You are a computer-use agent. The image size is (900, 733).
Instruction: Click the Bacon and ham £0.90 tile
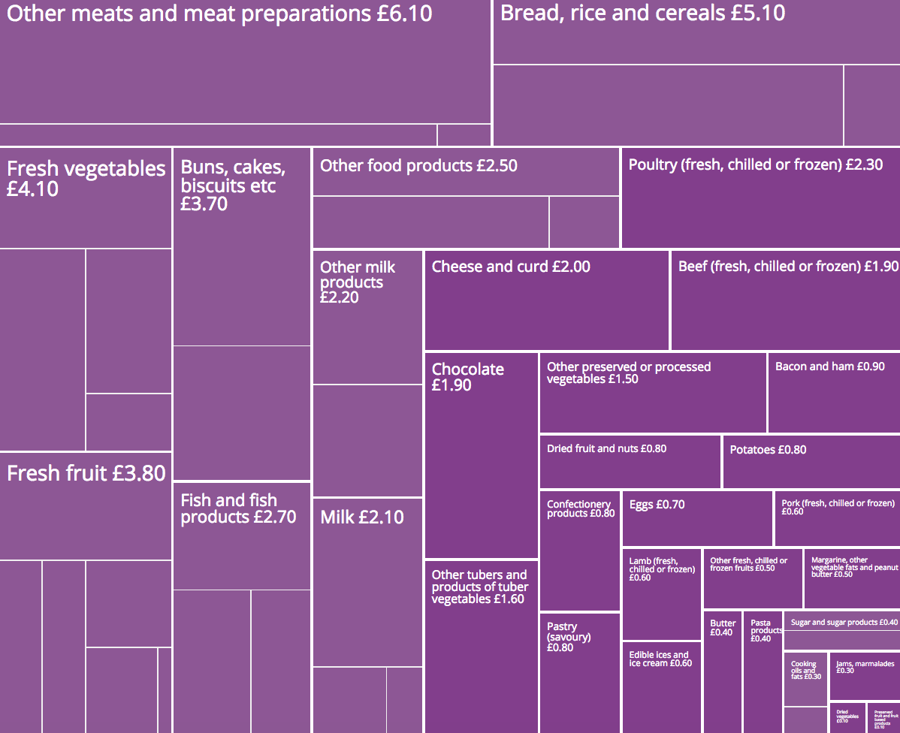(x=833, y=393)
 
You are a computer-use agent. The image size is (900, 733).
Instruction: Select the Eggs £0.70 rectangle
(x=696, y=519)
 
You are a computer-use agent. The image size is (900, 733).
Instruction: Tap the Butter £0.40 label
(x=722, y=628)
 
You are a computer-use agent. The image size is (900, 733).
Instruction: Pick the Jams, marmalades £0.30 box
(x=864, y=676)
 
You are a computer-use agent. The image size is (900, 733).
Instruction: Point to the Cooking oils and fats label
(x=805, y=670)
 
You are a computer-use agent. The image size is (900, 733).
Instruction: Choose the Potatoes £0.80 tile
(x=811, y=461)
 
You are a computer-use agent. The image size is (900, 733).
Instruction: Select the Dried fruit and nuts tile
(x=630, y=461)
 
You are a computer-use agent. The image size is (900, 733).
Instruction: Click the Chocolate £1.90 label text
(x=467, y=377)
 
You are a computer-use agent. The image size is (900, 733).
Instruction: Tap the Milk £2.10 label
(x=361, y=517)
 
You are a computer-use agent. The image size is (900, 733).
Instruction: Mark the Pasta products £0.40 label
(x=761, y=631)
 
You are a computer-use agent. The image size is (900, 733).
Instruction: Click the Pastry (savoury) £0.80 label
(x=569, y=637)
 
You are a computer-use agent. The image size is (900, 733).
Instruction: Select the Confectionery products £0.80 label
(x=580, y=509)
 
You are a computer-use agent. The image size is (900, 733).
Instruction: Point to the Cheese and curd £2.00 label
(x=511, y=267)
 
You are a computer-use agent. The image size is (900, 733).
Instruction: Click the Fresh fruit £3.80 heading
(x=86, y=473)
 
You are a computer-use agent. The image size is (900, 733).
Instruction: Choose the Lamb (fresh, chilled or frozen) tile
(x=661, y=593)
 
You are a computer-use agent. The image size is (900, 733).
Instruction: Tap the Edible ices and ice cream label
(x=660, y=659)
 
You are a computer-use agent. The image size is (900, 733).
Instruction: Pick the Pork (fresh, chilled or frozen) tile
(x=836, y=518)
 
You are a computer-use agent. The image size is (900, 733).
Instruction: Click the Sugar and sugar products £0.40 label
(x=844, y=622)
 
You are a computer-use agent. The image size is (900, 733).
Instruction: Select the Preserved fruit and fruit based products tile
(x=883, y=717)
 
